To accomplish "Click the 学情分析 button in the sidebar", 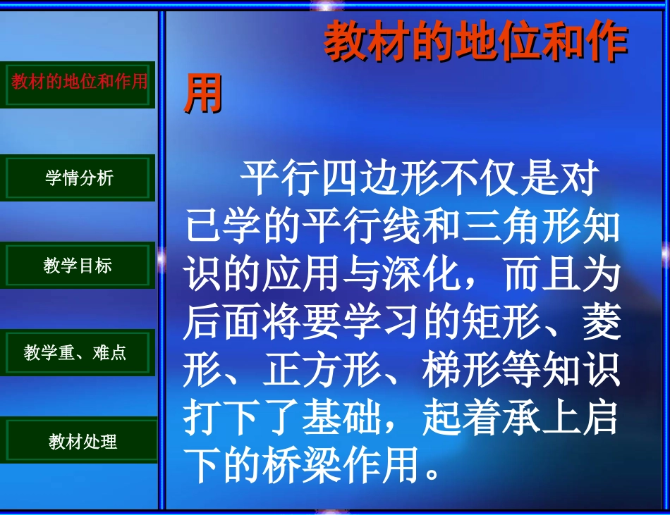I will [78, 178].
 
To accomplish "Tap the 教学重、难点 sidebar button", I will [75, 352].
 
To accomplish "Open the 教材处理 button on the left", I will [83, 442].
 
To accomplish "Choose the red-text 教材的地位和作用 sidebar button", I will [79, 82].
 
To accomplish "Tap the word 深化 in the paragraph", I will [421, 275].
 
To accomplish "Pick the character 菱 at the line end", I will [602, 322].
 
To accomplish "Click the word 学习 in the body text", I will [401, 322].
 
